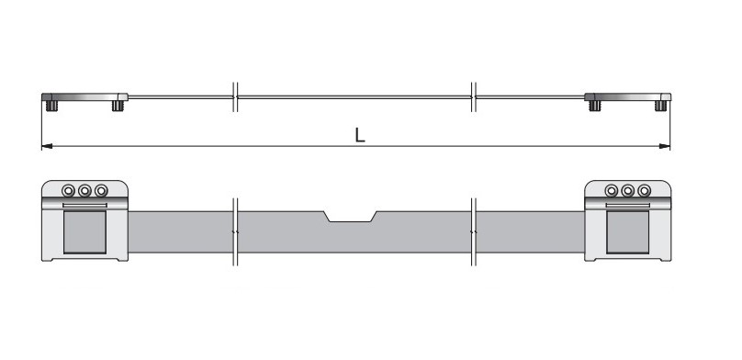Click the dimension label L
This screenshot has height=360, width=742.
360,135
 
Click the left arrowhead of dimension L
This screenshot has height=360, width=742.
47,146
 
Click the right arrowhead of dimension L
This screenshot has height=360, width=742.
665,146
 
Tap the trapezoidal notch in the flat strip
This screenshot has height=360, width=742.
350,216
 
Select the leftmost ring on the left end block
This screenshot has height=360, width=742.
69,191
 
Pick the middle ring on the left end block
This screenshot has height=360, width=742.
84,191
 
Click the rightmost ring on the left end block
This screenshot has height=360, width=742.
101,191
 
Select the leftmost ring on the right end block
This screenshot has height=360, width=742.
612,191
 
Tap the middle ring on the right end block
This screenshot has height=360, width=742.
628,191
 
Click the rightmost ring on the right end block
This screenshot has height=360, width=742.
644,191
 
